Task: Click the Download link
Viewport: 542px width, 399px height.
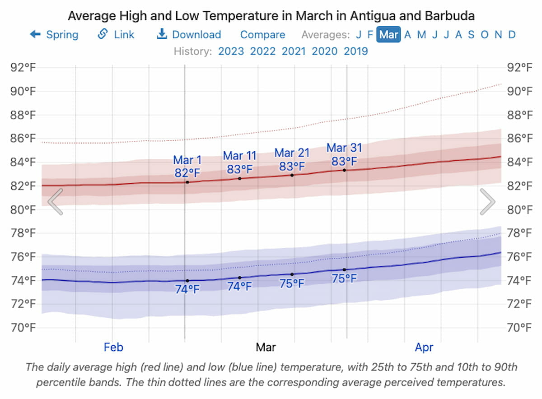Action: (189, 35)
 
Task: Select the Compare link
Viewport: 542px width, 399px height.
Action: (262, 35)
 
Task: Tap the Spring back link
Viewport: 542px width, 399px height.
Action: (54, 35)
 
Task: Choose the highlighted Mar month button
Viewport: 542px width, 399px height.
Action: (388, 35)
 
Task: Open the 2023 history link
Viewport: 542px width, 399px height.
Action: (231, 51)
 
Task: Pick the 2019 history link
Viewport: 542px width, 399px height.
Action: (356, 51)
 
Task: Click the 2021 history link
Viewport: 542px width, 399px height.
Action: (294, 51)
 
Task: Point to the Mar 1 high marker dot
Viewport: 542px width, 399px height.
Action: (187, 182)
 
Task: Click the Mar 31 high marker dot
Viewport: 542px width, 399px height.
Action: (345, 170)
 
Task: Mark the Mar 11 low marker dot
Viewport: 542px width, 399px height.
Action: (240, 278)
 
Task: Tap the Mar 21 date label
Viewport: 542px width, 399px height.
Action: (292, 153)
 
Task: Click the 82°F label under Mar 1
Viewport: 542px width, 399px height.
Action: (187, 173)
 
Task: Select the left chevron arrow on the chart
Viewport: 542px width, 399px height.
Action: (55, 201)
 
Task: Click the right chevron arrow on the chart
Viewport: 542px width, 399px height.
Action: (487, 201)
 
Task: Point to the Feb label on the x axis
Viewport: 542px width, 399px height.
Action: (113, 347)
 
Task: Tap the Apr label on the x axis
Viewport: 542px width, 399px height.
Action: (424, 347)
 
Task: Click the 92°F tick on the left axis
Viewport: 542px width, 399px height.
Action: (23, 68)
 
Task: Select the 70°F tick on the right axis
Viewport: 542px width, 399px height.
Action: (519, 327)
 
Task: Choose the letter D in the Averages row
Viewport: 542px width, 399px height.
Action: (512, 35)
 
